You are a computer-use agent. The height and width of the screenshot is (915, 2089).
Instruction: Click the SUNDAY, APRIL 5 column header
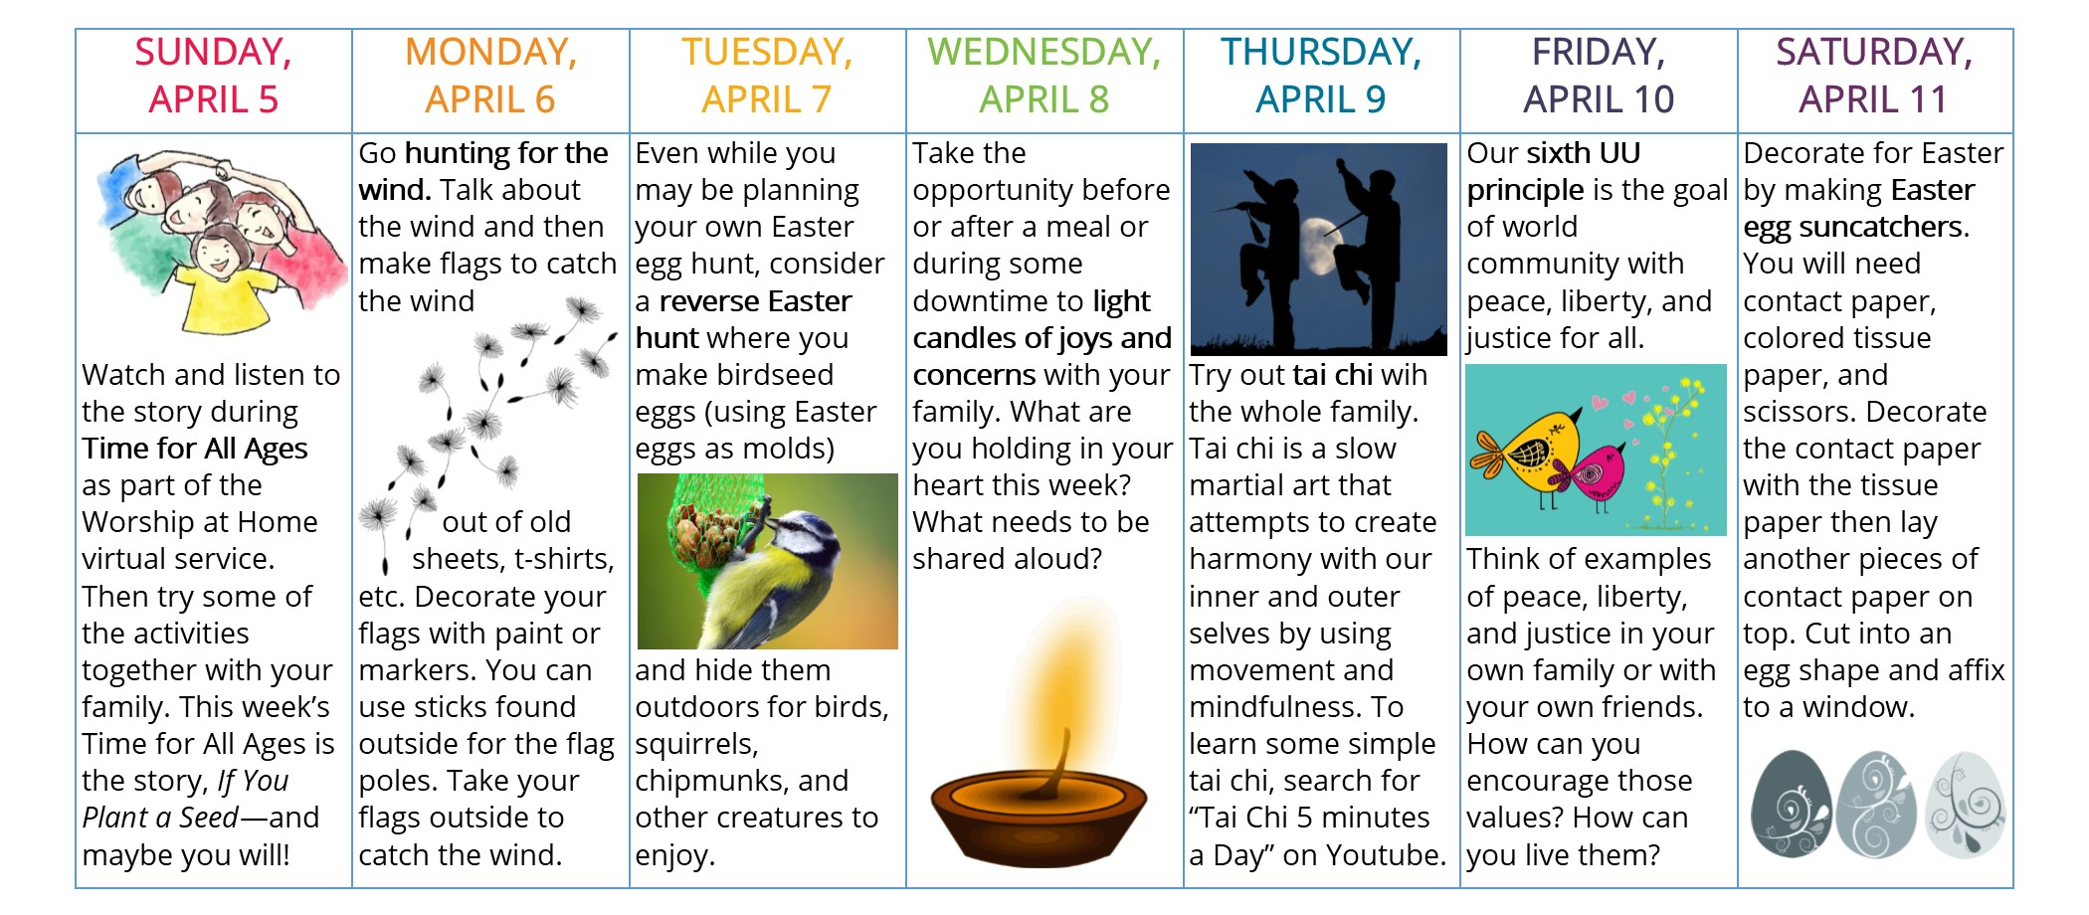point(213,76)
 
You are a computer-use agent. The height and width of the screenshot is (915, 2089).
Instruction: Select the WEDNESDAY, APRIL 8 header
point(1044,76)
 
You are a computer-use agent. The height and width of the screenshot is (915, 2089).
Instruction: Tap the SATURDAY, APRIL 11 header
point(1874,76)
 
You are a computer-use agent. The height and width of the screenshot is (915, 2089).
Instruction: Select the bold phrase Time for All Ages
point(195,449)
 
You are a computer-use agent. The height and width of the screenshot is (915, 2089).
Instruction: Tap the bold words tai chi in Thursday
point(1333,375)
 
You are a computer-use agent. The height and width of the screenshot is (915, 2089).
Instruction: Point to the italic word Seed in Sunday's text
point(208,818)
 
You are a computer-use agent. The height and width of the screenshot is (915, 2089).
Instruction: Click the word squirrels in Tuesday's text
point(696,744)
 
